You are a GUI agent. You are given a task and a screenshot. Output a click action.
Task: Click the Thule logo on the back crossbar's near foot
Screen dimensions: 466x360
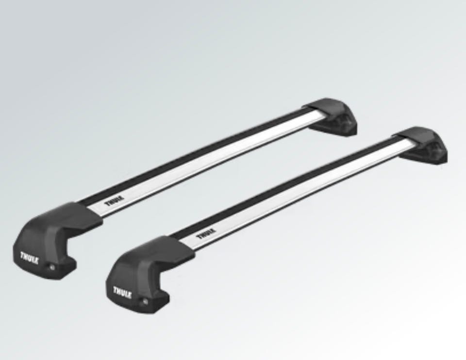30,257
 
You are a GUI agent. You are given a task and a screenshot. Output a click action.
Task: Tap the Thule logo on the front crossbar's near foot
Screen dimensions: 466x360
122,292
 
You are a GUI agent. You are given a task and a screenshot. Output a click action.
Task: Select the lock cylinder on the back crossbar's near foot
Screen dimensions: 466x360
52,266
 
